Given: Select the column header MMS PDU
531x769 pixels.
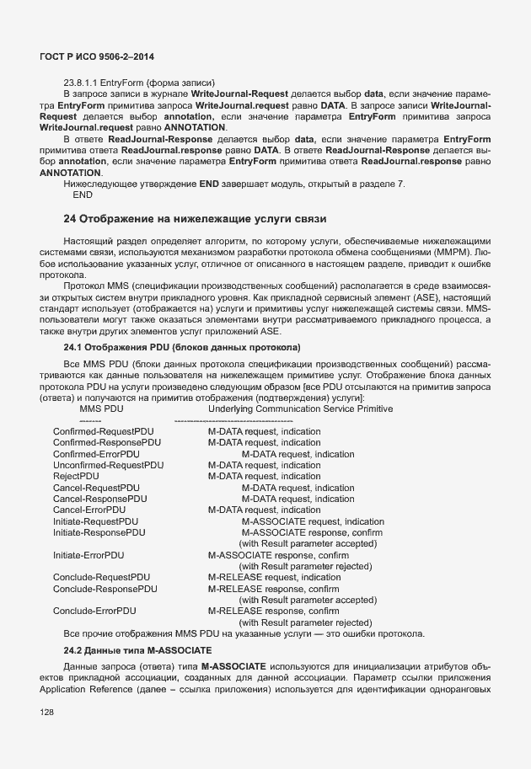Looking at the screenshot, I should click(101, 409).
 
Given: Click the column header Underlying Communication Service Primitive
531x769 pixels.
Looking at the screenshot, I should click(300, 409).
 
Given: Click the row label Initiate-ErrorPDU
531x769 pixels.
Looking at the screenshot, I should click(88, 556).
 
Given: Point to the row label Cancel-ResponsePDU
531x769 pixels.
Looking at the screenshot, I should click(99, 499).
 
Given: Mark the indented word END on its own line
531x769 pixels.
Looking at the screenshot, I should click(83, 195).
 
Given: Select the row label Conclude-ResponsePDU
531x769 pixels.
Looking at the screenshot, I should click(105, 589).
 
